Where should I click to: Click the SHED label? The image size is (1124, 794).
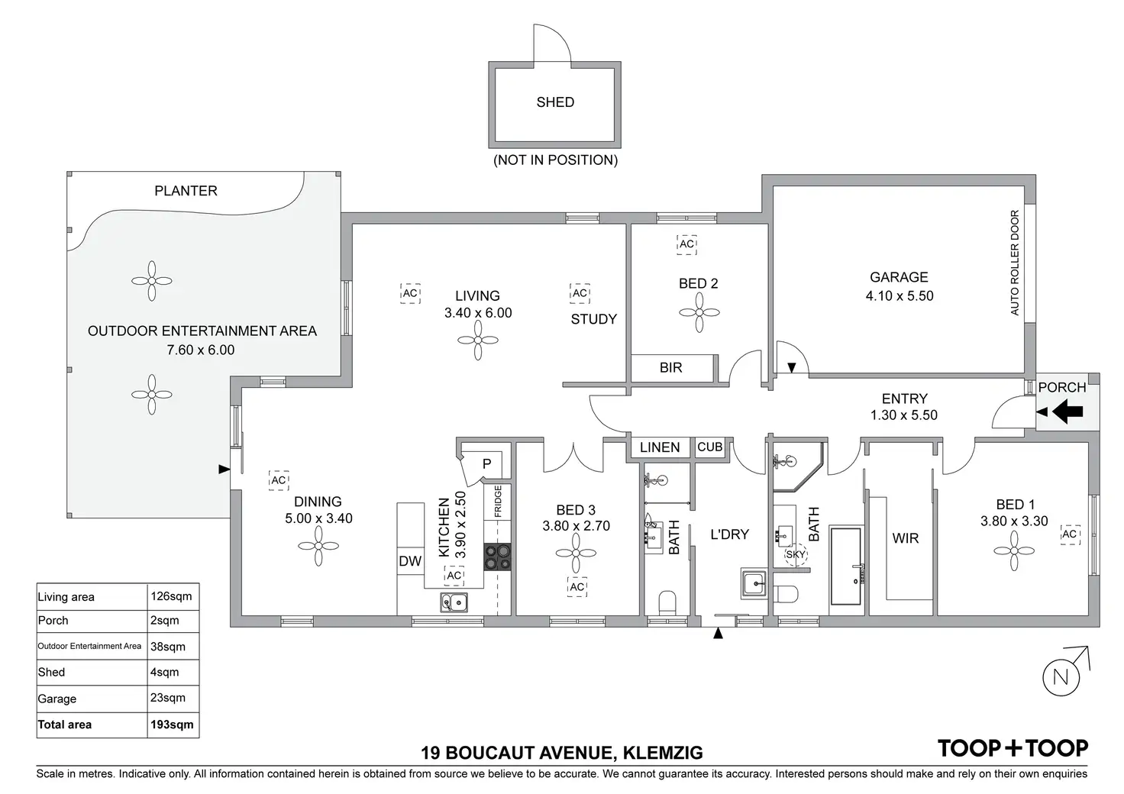pyautogui.click(x=555, y=102)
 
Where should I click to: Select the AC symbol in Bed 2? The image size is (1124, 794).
pyautogui.click(x=686, y=244)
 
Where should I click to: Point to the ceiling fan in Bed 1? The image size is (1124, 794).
pyautogui.click(x=1016, y=550)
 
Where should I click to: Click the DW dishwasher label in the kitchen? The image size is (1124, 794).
pyautogui.click(x=410, y=562)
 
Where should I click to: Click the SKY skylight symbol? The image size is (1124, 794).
pyautogui.click(x=796, y=555)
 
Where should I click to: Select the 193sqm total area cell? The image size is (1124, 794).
pyautogui.click(x=173, y=725)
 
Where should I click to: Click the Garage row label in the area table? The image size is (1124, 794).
pyautogui.click(x=57, y=699)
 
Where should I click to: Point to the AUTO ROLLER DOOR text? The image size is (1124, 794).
pyautogui.click(x=1015, y=263)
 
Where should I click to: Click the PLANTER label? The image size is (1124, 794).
pyautogui.click(x=186, y=191)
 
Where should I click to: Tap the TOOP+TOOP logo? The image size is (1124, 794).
pyautogui.click(x=1013, y=748)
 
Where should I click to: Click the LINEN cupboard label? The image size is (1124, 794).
pyautogui.click(x=660, y=447)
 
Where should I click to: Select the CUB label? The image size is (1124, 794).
pyautogui.click(x=709, y=447)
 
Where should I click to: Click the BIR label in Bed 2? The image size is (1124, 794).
pyautogui.click(x=670, y=367)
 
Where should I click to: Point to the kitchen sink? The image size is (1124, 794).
pyautogui.click(x=454, y=602)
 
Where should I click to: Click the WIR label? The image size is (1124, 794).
pyautogui.click(x=906, y=538)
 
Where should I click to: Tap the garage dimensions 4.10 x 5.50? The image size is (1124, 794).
pyautogui.click(x=900, y=295)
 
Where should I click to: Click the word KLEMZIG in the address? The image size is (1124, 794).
pyautogui.click(x=664, y=754)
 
